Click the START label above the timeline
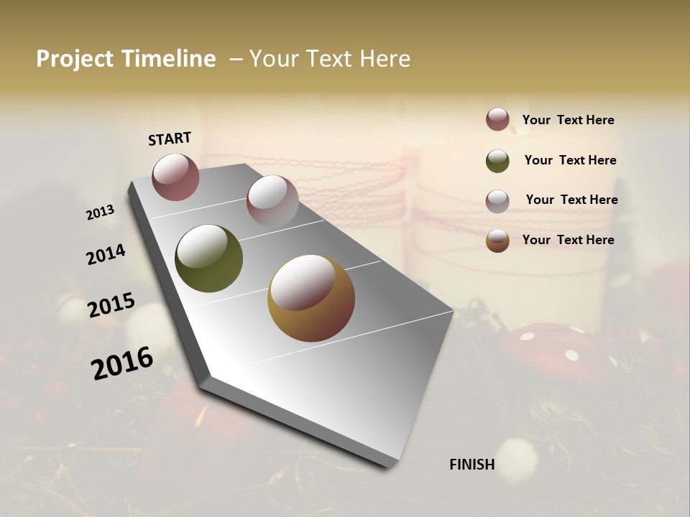coord(170,139)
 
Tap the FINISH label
coord(472,465)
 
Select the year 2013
coord(100,213)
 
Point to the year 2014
coord(106,254)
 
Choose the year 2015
coord(111,305)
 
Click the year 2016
coord(122,363)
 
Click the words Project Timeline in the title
coord(126,59)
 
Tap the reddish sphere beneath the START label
coord(175,177)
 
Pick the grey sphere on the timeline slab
coord(272,201)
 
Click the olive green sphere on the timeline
coord(208,258)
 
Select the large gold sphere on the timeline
coord(311,298)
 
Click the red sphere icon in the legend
coord(497,120)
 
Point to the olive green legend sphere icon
coord(497,161)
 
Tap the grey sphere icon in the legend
coord(497,201)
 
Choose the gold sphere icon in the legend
coord(497,241)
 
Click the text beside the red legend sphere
coord(568,121)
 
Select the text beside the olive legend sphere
coord(570,160)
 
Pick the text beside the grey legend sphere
coord(571,200)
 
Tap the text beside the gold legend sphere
coord(568,240)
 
